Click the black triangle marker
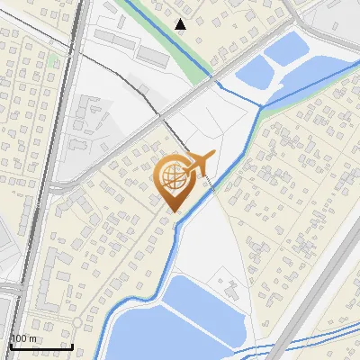click(181, 24)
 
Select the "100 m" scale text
click(23, 337)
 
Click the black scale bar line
click(41, 346)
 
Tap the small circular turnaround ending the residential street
click(77, 322)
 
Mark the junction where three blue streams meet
click(262, 107)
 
